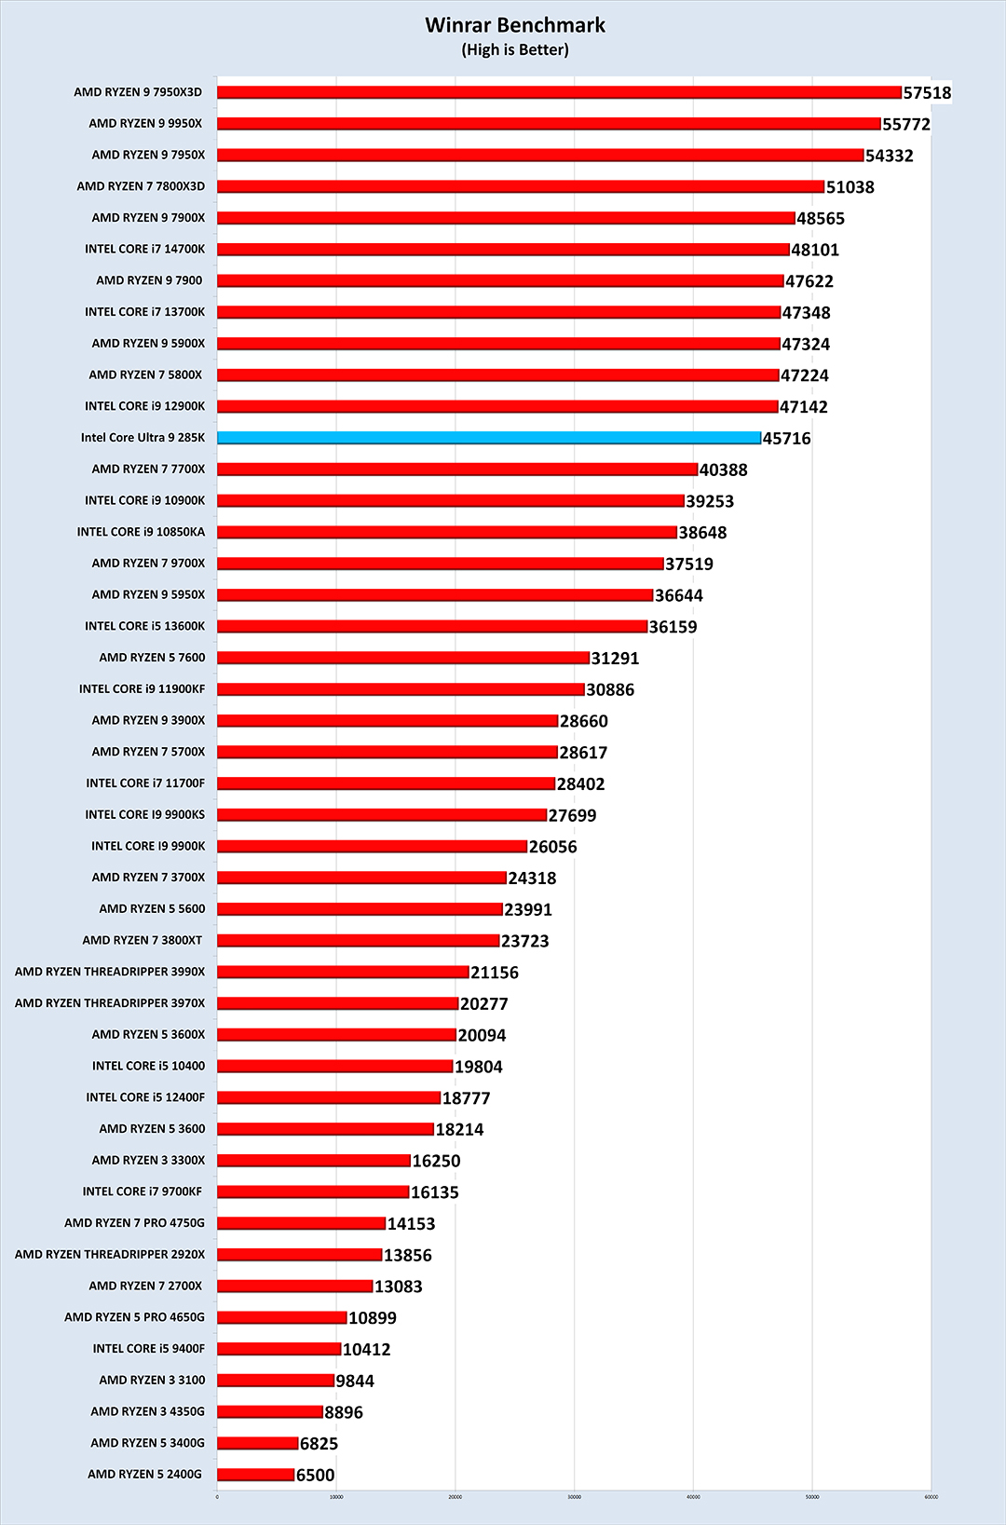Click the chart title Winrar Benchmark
[515, 25]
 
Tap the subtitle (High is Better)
[515, 50]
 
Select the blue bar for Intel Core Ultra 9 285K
[489, 438]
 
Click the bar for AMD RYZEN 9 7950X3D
[559, 92]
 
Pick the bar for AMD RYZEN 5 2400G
[256, 1475]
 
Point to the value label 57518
[927, 93]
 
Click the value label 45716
[786, 439]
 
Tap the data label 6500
[315, 1476]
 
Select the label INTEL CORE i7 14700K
[144, 250]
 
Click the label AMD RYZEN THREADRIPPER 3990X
[110, 972]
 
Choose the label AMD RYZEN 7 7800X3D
[141, 186]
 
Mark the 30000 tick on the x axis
[574, 1497]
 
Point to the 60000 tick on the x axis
[931, 1497]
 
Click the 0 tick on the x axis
[217, 1497]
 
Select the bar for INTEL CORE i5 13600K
[432, 627]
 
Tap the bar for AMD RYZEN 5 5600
[360, 909]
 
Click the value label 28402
[580, 784]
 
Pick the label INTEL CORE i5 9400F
[148, 1349]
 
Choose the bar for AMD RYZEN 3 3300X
[314, 1161]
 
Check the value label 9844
[355, 1382]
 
